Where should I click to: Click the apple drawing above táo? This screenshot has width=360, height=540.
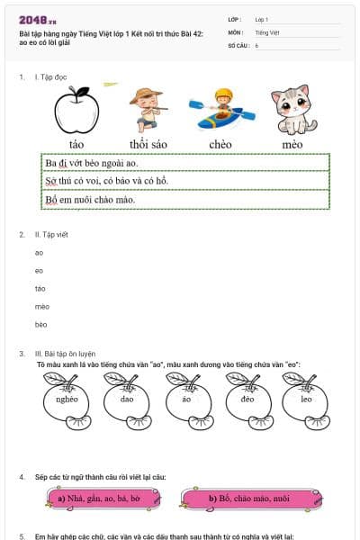76,111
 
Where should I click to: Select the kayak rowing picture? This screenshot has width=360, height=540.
220,110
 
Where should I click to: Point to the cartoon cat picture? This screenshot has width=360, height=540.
292,110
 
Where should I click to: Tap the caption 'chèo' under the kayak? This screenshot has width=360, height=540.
220,144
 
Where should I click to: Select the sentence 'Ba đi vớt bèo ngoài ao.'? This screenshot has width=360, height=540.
92,163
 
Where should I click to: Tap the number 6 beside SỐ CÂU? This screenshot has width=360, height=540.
256,44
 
